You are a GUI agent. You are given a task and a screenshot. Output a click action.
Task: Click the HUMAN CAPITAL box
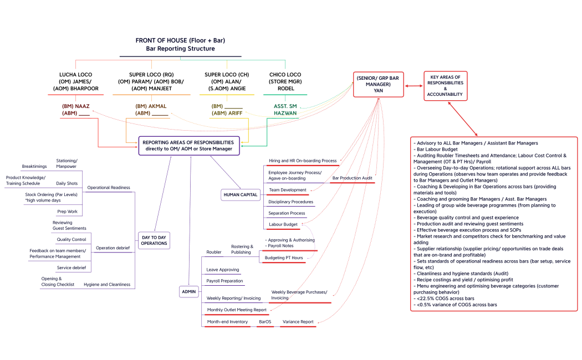pos(240,195)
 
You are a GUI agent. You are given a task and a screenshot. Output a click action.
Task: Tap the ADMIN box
pos(188,291)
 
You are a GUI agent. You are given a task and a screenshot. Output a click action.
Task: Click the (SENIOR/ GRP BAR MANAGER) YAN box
pos(379,84)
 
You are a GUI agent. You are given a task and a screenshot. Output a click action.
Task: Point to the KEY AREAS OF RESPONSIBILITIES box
pos(445,85)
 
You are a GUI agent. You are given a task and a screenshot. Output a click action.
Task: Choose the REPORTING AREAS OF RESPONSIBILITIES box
pos(189,145)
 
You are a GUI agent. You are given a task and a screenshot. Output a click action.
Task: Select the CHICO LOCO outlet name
pos(285,74)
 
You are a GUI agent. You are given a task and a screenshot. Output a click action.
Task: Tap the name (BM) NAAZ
pos(75,106)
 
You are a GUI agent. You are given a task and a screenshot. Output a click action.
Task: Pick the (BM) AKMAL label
pos(151,106)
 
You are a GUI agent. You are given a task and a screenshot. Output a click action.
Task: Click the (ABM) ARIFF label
pos(227,114)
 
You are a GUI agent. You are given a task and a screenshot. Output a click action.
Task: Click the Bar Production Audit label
pos(352,178)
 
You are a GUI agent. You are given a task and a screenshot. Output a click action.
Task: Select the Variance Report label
pos(298,322)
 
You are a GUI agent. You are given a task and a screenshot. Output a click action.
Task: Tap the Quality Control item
pos(72,240)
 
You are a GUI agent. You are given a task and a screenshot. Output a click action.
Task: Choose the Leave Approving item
pos(223,270)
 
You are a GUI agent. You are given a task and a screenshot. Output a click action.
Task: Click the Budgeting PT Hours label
pos(283,258)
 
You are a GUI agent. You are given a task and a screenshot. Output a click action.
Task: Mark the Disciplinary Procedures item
pos(290,202)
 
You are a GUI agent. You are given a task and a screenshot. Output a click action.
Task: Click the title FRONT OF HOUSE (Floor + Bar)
pos(180,40)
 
